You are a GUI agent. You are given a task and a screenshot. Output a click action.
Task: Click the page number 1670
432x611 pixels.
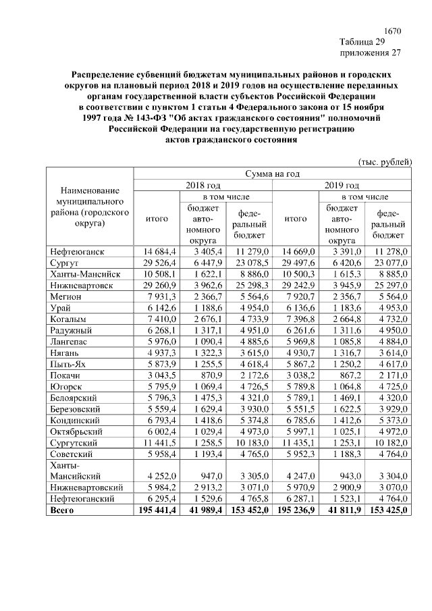[392, 31]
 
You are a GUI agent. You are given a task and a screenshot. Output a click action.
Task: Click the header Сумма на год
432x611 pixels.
[272, 173]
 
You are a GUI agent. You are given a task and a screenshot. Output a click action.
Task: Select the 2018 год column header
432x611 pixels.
[203, 185]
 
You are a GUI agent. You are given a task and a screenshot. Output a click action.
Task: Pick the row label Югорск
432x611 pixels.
[67, 386]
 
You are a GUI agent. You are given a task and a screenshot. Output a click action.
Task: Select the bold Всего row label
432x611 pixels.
[62, 510]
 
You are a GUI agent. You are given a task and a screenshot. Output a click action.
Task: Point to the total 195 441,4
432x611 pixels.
[156, 510]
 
